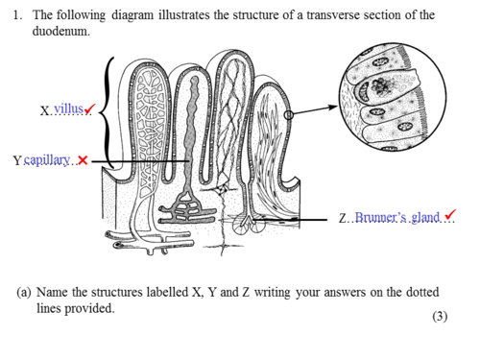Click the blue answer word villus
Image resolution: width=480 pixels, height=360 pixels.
[68, 108]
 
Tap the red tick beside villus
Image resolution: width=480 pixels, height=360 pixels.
[89, 108]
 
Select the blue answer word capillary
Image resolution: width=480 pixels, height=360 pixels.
[47, 159]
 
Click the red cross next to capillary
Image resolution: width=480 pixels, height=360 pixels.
[83, 159]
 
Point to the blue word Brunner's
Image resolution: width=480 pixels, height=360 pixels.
[381, 217]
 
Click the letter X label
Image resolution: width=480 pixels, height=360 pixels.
[44, 111]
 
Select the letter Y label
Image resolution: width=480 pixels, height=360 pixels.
[17, 160]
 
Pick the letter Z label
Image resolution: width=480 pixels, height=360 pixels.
[343, 218]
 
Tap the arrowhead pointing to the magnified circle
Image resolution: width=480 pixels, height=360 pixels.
[333, 107]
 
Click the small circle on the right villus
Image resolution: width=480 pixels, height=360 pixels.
[289, 115]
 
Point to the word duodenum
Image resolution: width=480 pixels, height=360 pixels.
[60, 31]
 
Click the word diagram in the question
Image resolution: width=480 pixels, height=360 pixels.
[132, 15]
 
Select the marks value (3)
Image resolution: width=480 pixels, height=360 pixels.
[440, 316]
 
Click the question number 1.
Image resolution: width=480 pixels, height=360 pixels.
[17, 15]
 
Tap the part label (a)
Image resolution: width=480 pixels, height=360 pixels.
[24, 292]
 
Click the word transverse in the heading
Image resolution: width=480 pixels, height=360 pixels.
[333, 15]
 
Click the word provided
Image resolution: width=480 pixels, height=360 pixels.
[89, 308]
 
